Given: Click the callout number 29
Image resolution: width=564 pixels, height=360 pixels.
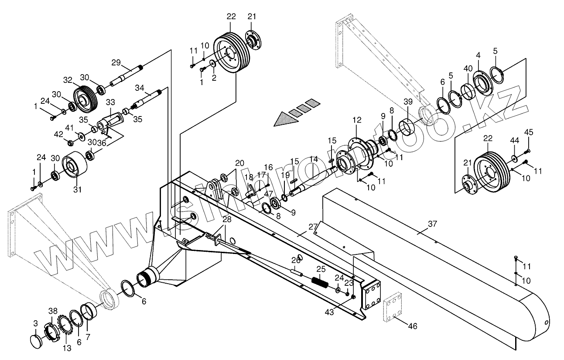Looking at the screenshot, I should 116,63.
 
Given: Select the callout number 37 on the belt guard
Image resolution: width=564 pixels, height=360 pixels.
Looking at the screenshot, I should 432,224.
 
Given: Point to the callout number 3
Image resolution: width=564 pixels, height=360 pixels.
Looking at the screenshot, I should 35,323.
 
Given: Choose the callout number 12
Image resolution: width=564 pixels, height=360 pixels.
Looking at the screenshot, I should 357,120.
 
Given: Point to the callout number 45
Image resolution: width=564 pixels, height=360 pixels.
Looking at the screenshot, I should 528,132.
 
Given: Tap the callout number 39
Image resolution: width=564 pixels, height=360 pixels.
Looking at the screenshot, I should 407,102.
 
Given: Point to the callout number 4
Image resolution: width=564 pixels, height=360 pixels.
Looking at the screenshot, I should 479,55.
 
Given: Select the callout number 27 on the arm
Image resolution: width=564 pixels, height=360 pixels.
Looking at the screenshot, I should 313,226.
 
